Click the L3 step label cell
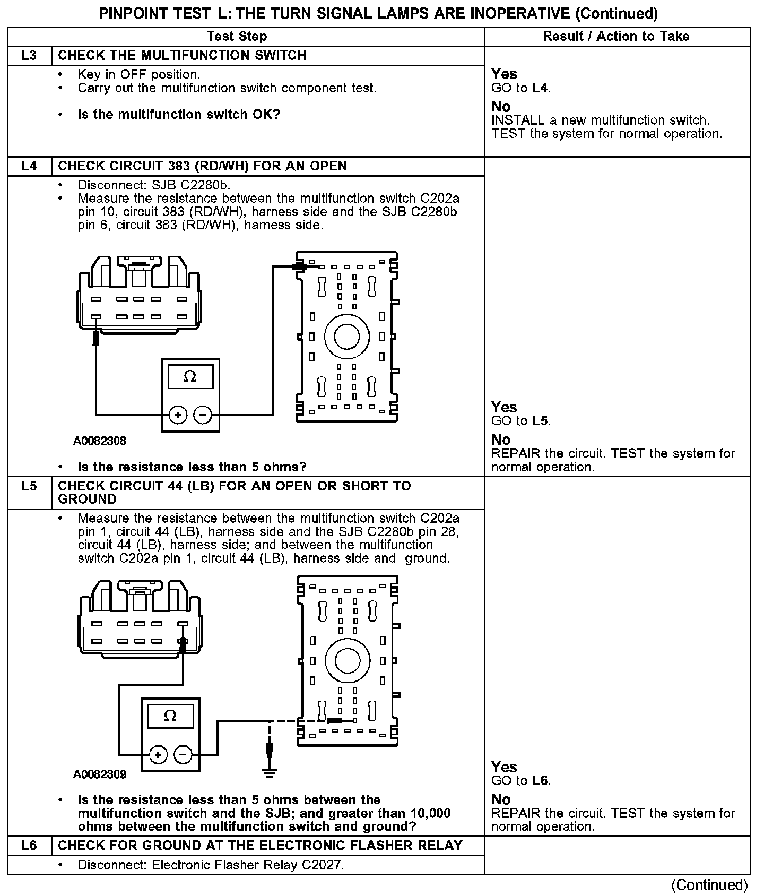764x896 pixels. coord(29,56)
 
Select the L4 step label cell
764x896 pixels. coord(29,166)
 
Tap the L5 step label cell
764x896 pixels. coord(29,486)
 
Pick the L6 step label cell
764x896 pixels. coord(29,846)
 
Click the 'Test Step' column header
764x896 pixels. coord(237,37)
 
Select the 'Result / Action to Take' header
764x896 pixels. coord(616,37)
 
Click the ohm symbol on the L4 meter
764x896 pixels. coord(189,377)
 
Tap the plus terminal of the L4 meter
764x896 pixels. coord(178,415)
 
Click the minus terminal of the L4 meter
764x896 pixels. coord(203,415)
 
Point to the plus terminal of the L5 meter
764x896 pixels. coord(158,754)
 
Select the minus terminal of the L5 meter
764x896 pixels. coord(183,754)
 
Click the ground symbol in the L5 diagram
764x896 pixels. coord(270,771)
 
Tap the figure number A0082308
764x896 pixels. coord(100,441)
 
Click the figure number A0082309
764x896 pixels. coord(100,774)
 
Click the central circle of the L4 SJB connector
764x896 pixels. coord(346,337)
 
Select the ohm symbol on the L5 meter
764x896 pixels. coord(170,716)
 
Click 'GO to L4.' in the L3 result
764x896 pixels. coord(521,88)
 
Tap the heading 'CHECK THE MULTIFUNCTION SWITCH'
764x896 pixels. coord(182,56)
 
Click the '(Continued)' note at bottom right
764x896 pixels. coord(709,885)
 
